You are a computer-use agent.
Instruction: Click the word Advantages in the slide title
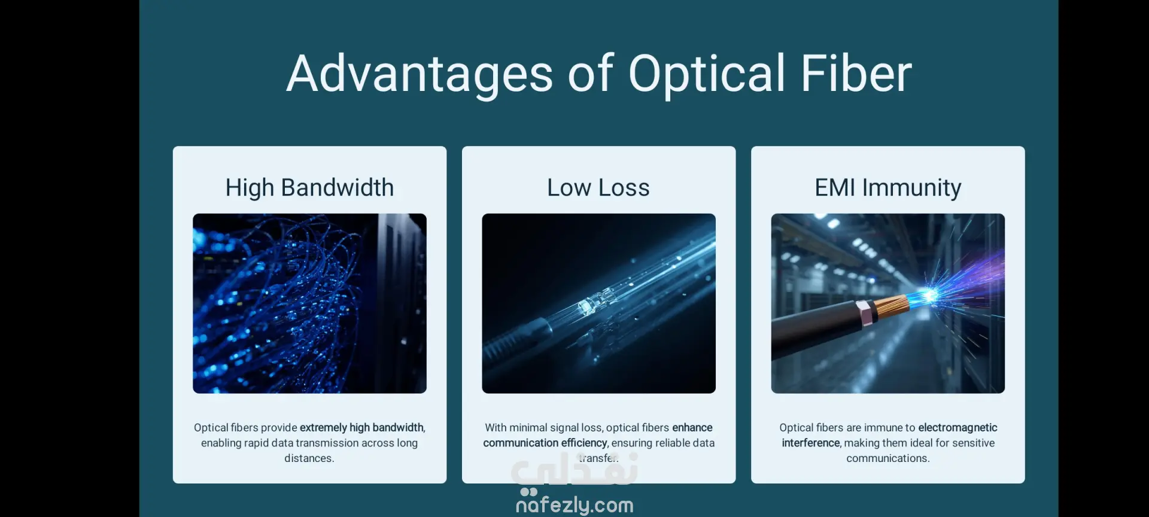420,74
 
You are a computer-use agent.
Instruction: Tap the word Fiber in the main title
856,73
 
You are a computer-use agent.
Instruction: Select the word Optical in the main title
707,74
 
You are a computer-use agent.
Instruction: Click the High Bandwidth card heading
309,188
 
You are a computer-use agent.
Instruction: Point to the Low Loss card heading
598,188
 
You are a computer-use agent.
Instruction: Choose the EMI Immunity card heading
888,188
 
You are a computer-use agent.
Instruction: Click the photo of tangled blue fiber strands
309,303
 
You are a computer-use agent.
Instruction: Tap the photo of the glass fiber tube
598,303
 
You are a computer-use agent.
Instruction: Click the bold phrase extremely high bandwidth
361,428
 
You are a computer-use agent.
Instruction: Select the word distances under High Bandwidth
309,458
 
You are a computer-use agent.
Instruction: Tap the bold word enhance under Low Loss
692,428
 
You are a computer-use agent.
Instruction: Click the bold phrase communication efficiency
545,443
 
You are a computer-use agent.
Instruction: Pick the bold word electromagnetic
957,428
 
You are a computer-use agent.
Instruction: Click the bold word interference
811,443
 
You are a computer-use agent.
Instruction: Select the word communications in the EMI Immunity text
887,458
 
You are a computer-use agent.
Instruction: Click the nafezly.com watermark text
574,505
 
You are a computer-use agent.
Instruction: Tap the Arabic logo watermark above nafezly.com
574,470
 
